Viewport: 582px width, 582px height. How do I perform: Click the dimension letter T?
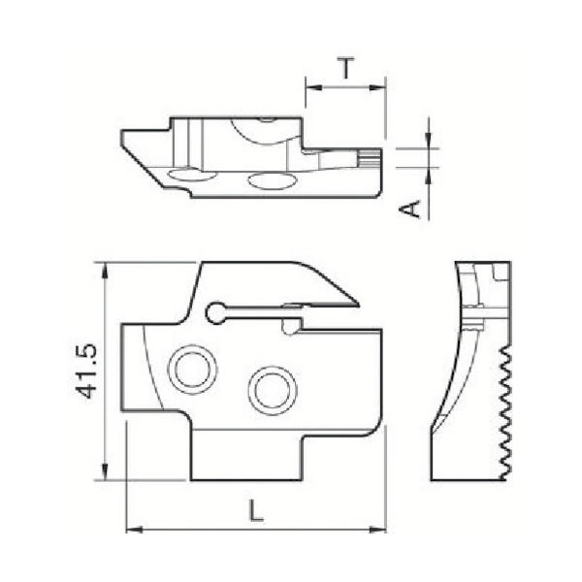pyautogui.click(x=345, y=68)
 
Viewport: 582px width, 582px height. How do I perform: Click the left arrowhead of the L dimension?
pyautogui.click(x=133, y=530)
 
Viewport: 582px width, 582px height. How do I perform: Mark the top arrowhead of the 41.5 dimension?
pyautogui.click(x=104, y=268)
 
